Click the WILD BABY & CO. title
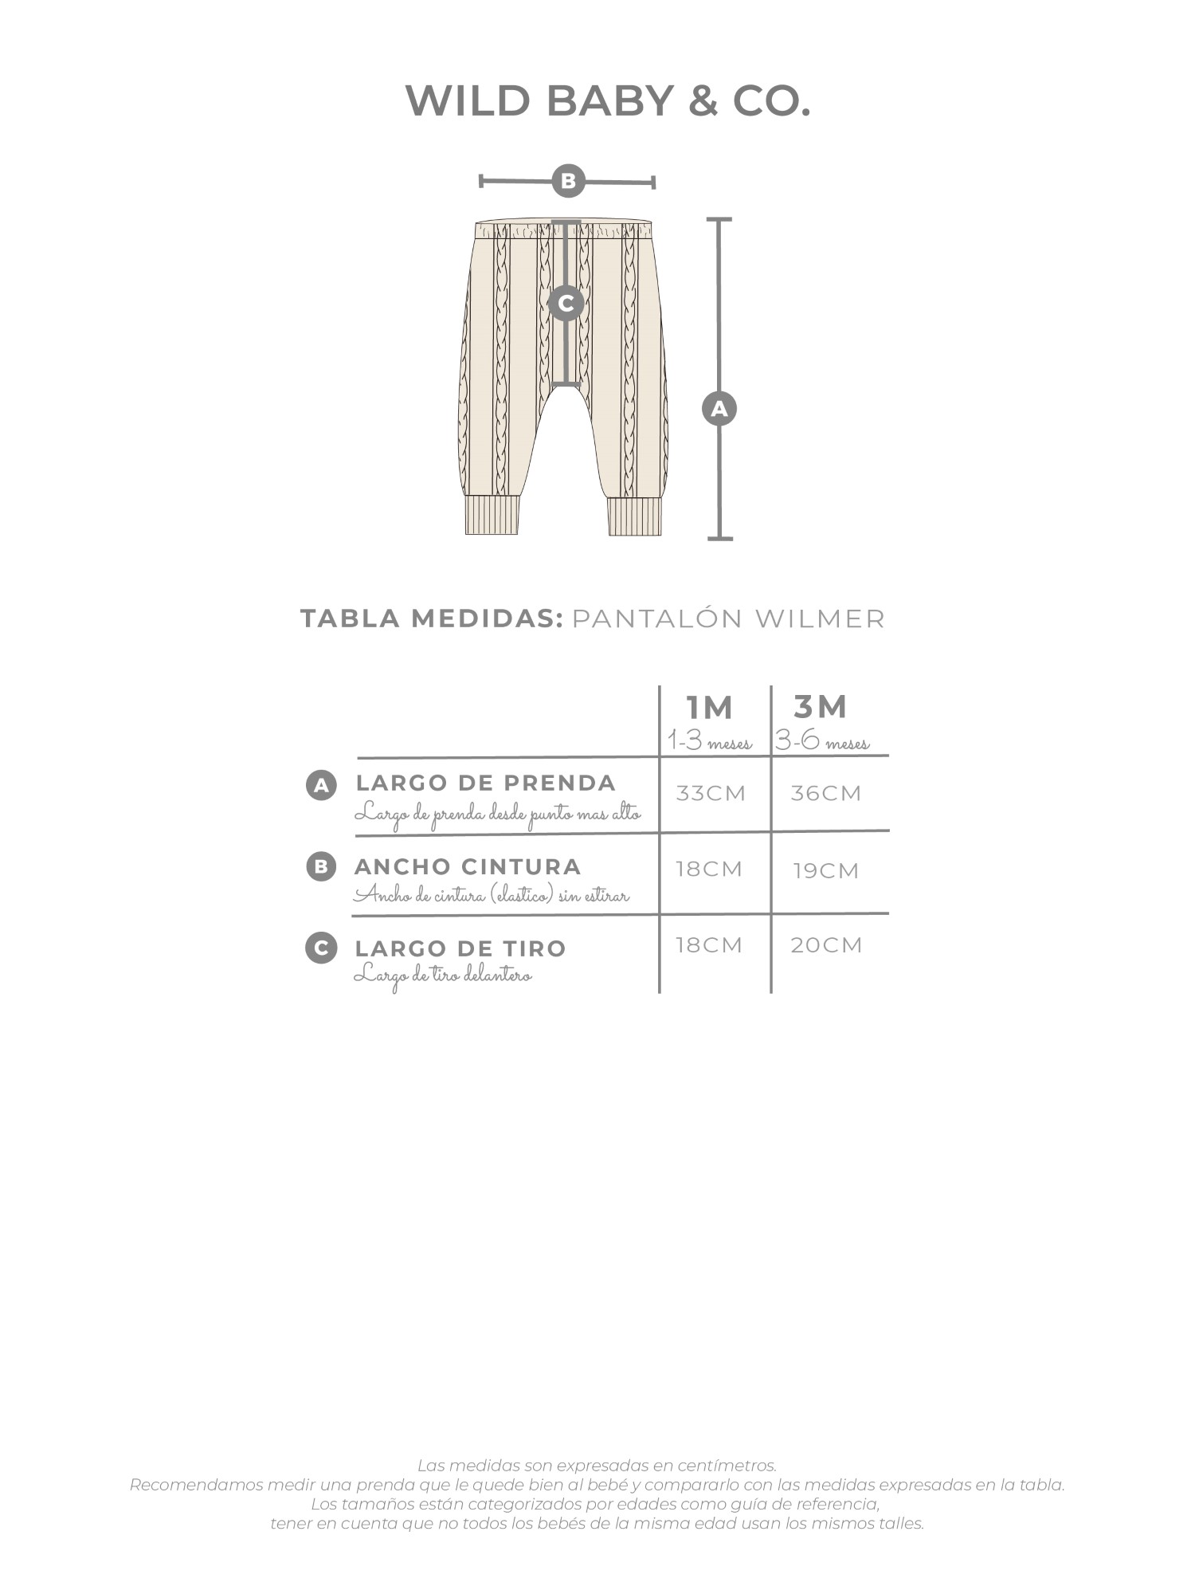coord(607,101)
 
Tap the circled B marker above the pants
coord(568,181)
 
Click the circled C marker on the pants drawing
coord(566,304)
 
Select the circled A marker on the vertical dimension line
coord(719,409)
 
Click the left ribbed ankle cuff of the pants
coord(492,516)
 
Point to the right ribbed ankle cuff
coord(634,517)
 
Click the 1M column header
coord(709,707)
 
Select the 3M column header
coord(821,706)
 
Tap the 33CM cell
coord(711,794)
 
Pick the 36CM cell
coord(826,794)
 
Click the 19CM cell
coord(826,871)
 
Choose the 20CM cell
coord(826,945)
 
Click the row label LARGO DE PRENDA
coord(486,783)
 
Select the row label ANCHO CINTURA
coord(468,867)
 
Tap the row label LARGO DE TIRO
coord(460,948)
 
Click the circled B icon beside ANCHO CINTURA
coord(321,866)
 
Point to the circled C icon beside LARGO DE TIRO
coord(321,948)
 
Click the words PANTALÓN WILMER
coord(728,618)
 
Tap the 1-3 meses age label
coord(709,742)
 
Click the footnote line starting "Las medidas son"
coord(597,1466)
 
